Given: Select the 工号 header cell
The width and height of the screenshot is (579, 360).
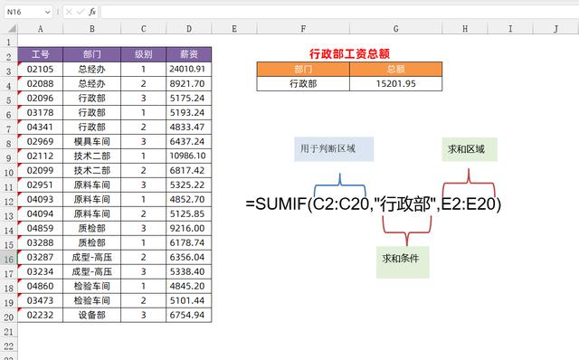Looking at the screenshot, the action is [40, 53].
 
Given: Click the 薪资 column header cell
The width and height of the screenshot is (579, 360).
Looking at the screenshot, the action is [189, 53].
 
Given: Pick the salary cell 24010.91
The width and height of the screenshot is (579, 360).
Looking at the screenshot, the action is [189, 68].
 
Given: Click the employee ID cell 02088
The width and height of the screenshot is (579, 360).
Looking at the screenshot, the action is [40, 83].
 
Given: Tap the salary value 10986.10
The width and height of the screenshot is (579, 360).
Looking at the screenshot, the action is [189, 156].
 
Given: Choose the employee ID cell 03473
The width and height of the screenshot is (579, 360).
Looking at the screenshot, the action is [40, 300].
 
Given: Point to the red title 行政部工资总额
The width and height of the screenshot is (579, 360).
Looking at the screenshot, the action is [348, 54].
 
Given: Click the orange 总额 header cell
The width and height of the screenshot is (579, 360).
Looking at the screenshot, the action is [395, 69].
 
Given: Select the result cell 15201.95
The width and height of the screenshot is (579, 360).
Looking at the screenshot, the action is [395, 83].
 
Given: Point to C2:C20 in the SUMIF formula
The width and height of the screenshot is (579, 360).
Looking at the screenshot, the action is [339, 204].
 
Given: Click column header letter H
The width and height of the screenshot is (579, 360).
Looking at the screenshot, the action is [464, 29].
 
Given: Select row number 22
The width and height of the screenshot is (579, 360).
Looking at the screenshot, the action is [8, 346].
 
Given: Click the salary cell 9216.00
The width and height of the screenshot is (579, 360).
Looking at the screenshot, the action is [189, 229].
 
